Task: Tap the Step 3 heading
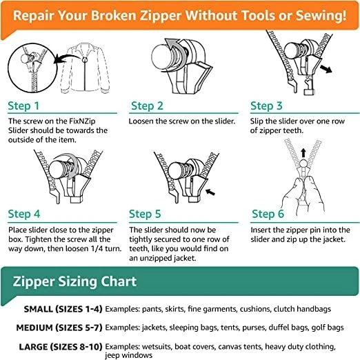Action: (x=270, y=106)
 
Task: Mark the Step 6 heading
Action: (x=272, y=214)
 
